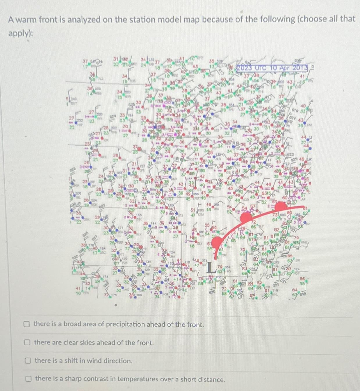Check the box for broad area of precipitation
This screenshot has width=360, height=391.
[x=27, y=324]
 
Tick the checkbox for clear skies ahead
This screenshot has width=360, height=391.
[x=27, y=342]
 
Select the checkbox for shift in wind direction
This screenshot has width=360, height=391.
[x=28, y=361]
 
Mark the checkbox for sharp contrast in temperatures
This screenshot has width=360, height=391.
[x=28, y=379]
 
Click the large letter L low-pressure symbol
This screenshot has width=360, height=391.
[x=212, y=268]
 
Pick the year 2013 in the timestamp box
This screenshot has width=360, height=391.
[x=300, y=68]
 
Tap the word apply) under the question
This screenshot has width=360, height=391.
[x=20, y=33]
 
